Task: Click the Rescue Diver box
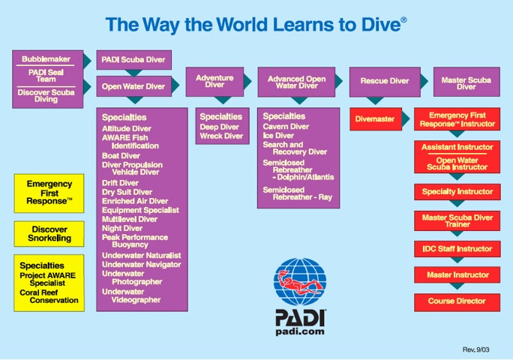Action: coord(385,82)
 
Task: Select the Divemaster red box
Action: coord(376,119)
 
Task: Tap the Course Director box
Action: coord(457,302)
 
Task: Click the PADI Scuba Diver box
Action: coord(133,60)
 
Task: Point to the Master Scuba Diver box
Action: coord(466,82)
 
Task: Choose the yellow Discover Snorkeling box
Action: coord(49,234)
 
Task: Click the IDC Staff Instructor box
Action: coord(457,249)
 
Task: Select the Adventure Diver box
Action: coord(214,82)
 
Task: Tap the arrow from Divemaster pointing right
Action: coord(406,118)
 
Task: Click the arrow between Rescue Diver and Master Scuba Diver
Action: coord(424,81)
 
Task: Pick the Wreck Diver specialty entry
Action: coord(221,136)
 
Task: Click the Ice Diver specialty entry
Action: coord(278,136)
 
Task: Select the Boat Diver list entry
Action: coord(121,156)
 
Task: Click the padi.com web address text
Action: coord(300,331)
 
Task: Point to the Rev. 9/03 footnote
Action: coord(475,349)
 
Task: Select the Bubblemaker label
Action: coord(46,59)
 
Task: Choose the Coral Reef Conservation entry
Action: coord(49,296)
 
